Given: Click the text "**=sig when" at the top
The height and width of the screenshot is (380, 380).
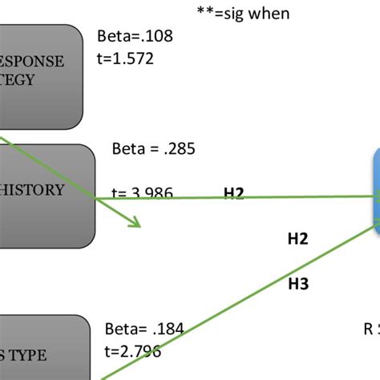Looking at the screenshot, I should (243, 13).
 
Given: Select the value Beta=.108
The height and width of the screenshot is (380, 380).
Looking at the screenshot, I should (135, 36).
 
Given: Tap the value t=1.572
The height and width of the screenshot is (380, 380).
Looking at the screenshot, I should (125, 58).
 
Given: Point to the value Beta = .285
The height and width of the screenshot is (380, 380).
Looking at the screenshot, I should (154, 148).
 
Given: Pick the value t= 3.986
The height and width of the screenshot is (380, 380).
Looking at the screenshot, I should (144, 193).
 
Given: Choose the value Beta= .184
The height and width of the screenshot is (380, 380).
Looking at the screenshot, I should (144, 328).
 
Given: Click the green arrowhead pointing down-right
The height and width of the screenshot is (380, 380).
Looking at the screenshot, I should (136, 224).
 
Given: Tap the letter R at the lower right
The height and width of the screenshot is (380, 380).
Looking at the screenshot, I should (369, 327).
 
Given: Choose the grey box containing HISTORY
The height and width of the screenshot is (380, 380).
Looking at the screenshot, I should (44, 190).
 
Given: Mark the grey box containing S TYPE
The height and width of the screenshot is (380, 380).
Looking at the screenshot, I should (40, 348).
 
